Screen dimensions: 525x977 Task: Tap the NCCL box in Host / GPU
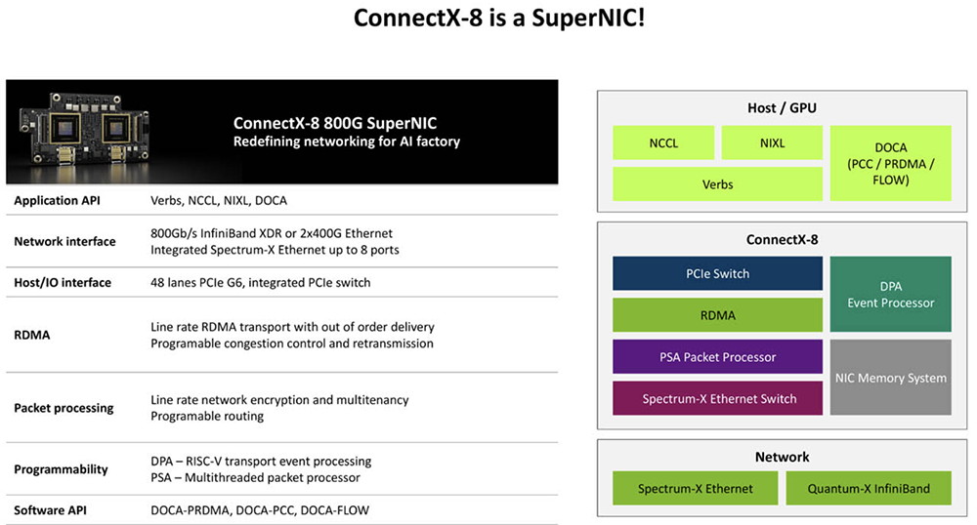point(663,142)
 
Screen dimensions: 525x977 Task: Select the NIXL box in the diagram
point(772,142)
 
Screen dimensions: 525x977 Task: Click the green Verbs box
point(717,183)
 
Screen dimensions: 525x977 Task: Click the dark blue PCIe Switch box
point(717,273)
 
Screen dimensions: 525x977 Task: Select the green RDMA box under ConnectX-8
point(717,315)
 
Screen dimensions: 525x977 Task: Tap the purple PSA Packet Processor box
point(717,357)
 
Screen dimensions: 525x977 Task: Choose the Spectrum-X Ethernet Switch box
point(717,399)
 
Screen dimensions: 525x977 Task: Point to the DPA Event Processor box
point(889,295)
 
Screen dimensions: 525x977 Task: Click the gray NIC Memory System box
point(889,378)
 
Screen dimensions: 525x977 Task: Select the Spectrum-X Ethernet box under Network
point(696,488)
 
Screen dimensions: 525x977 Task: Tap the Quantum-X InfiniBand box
point(868,488)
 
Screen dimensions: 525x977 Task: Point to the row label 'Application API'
point(57,200)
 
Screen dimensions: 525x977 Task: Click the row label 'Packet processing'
point(64,408)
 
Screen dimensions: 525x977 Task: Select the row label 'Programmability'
point(61,469)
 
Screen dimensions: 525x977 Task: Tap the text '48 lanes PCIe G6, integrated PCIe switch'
point(261,282)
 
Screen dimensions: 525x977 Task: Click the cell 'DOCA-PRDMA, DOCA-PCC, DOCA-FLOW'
point(260,509)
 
